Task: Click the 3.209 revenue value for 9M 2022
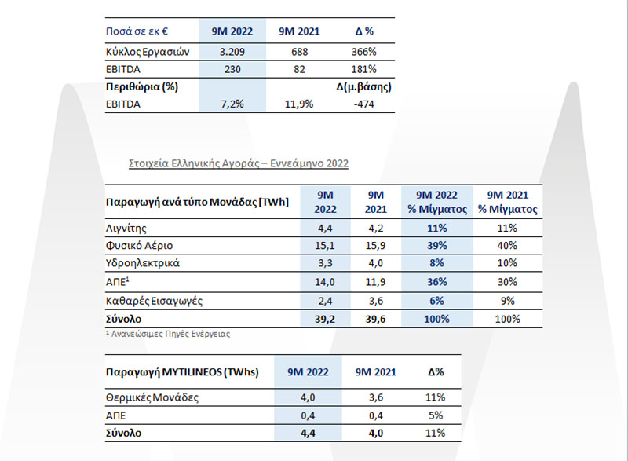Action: click(x=232, y=52)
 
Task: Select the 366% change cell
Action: click(x=364, y=52)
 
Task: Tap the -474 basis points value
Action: click(x=364, y=104)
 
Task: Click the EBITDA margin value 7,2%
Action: click(x=232, y=104)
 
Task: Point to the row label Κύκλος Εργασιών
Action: click(x=148, y=52)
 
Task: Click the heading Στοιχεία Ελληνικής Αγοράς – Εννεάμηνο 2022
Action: click(x=239, y=163)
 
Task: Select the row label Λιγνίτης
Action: click(x=126, y=229)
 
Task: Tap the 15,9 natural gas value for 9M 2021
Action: click(x=375, y=246)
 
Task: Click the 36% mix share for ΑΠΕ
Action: click(x=437, y=282)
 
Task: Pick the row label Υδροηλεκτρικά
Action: click(x=143, y=263)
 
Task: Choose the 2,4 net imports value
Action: click(x=325, y=301)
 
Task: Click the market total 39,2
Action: click(x=325, y=319)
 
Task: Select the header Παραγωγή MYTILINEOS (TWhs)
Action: click(x=182, y=372)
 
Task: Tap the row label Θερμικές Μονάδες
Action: click(x=152, y=397)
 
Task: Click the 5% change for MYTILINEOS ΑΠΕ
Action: click(x=436, y=415)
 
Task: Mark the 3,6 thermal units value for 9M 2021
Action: click(x=376, y=397)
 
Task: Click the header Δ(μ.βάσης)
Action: click(x=364, y=87)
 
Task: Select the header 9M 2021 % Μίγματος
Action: click(x=507, y=203)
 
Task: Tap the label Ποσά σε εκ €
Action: click(x=137, y=31)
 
